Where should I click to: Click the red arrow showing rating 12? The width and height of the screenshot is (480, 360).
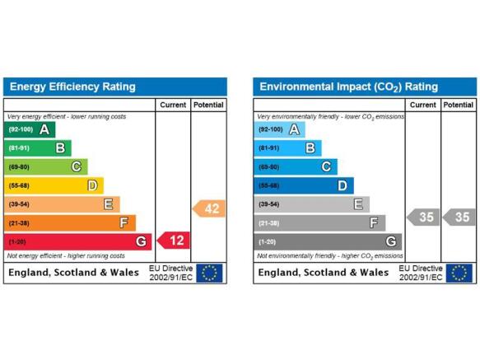point(174,241)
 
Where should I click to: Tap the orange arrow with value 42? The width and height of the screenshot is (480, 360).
point(209,208)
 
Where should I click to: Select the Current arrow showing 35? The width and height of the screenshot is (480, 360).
point(423,217)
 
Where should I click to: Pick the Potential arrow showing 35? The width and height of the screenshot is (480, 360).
point(459,217)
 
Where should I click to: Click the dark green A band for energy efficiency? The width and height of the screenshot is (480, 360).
point(30,129)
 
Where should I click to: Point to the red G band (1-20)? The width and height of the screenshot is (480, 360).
point(77,241)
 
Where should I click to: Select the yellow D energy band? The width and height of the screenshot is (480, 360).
point(54,185)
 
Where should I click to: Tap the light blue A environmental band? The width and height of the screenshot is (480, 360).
point(279,129)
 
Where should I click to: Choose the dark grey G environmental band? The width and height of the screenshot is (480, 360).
point(328,241)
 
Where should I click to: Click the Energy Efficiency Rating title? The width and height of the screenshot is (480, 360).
point(72,86)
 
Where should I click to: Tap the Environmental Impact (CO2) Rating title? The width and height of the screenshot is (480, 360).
point(348,87)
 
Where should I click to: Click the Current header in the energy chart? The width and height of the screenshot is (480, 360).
point(173,105)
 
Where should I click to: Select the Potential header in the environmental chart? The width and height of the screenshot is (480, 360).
point(459,105)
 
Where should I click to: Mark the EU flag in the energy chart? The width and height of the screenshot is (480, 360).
point(209,273)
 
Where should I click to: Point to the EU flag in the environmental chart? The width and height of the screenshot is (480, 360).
point(459,273)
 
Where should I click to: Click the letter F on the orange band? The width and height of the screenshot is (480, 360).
point(123,222)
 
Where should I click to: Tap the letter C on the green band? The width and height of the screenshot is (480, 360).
point(77,166)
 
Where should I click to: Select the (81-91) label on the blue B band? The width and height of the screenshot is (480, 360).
point(268,148)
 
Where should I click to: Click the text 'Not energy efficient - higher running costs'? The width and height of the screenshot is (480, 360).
point(66,256)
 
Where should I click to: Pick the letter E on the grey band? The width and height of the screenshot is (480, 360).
point(358,204)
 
